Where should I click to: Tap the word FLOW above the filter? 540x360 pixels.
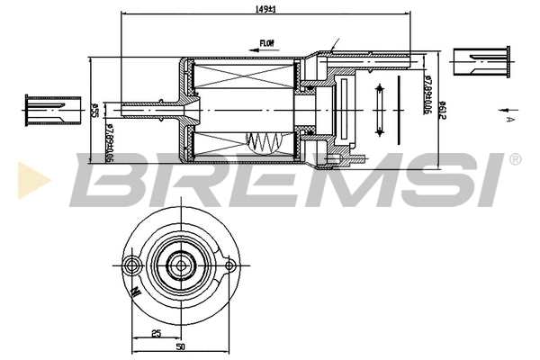[x=267, y=42]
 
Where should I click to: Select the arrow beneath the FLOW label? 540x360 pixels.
[x=261, y=51]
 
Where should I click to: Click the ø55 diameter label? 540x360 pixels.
[x=94, y=111]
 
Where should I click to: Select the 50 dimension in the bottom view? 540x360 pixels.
[x=181, y=346]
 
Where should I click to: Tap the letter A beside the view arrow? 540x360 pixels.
[x=509, y=118]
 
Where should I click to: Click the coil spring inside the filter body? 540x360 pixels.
[x=265, y=142]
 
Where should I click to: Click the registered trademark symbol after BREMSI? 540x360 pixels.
[x=514, y=159]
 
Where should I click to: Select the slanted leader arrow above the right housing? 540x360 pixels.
[x=335, y=45]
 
